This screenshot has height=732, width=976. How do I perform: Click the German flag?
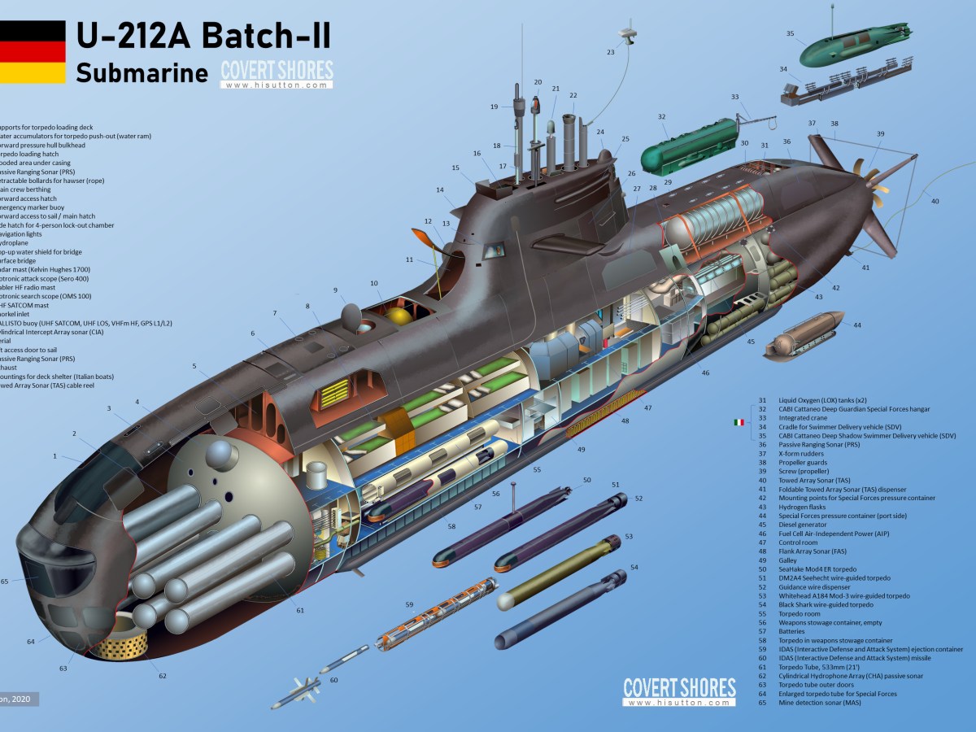click(33, 51)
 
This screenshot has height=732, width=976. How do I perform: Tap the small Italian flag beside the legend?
click(739, 423)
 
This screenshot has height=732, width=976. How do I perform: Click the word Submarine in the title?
click(142, 73)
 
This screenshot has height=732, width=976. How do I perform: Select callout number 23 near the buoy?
click(610, 52)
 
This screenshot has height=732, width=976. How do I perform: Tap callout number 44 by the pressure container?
click(856, 325)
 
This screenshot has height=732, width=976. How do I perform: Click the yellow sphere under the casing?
click(398, 315)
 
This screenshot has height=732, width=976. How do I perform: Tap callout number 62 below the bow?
click(162, 676)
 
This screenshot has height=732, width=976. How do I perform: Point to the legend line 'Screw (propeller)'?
click(806, 471)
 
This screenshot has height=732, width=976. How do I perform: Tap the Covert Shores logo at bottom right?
click(679, 692)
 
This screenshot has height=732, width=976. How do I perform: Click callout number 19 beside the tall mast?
click(495, 107)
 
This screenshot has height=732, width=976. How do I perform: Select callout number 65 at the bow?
click(5, 582)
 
